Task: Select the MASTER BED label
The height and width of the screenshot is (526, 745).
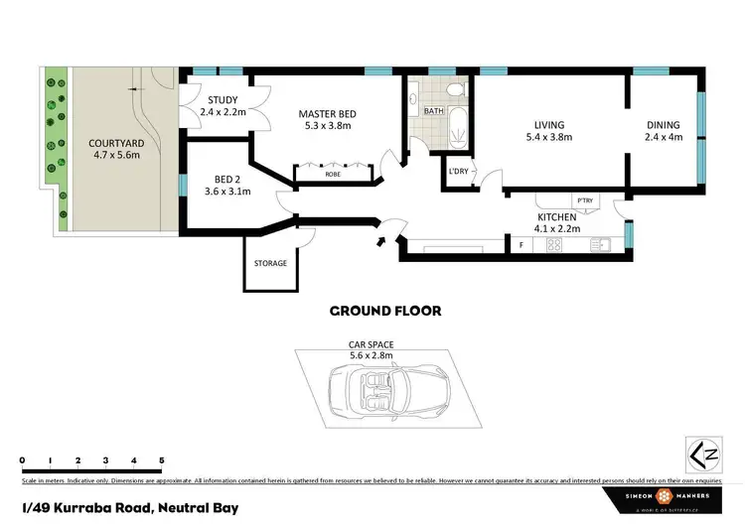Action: pos(327,114)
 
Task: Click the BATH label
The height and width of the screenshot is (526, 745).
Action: pos(434,111)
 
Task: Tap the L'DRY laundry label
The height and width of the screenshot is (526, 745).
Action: pos(458,172)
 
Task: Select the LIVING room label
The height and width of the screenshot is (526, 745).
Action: pos(549,124)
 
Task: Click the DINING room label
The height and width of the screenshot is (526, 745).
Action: pos(664,124)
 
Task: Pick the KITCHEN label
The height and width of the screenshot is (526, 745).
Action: pos(556,216)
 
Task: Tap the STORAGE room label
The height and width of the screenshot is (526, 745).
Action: pos(270,263)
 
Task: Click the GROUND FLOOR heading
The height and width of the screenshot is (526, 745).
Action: pos(384,311)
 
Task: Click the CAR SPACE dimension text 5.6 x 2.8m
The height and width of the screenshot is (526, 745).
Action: pos(372,354)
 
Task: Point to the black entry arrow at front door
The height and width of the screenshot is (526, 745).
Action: pos(382,240)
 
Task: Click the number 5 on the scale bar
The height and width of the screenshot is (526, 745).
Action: pos(162,460)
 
